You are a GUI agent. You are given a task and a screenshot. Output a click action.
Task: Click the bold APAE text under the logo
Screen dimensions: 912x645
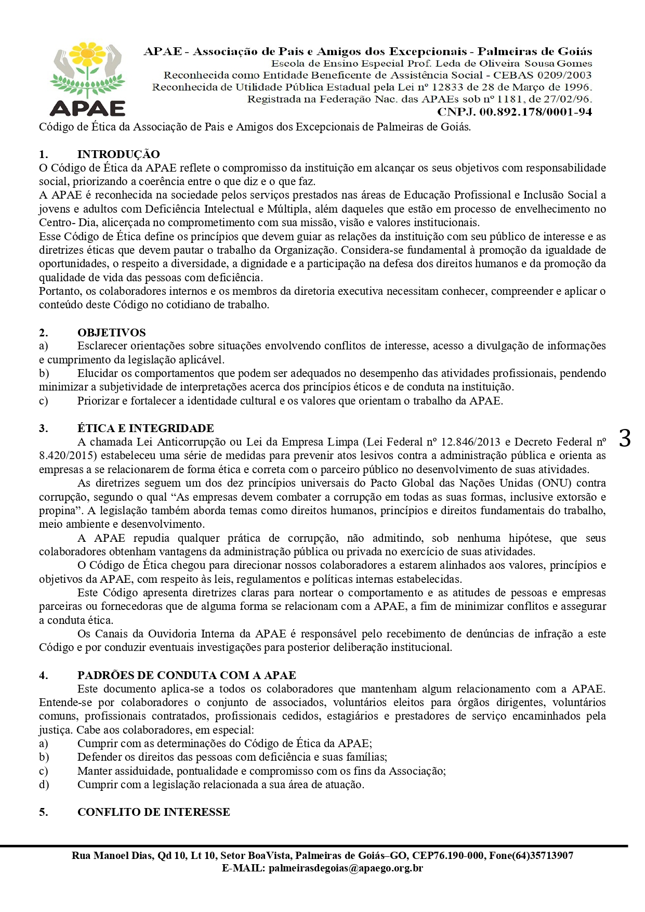point(87,108)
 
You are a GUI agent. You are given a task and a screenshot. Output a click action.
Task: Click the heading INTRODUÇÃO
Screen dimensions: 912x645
point(119,154)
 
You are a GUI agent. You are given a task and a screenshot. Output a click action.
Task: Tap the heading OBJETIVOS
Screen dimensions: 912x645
point(111,333)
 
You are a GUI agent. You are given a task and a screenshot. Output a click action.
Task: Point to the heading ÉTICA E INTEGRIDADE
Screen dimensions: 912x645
point(146,428)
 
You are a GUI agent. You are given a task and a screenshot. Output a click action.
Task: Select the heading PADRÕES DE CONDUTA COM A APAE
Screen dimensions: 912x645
point(187,675)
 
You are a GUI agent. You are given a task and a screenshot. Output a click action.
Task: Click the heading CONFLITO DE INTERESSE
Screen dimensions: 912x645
point(153,812)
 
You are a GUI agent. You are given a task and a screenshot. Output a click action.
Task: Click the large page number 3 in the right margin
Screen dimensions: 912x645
point(624,438)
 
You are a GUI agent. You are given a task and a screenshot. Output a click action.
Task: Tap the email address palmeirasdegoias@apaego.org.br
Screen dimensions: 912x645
point(346,868)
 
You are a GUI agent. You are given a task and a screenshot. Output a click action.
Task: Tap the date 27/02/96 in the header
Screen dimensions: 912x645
point(568,99)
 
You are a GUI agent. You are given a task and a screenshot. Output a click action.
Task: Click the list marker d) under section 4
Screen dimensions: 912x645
point(44,785)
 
